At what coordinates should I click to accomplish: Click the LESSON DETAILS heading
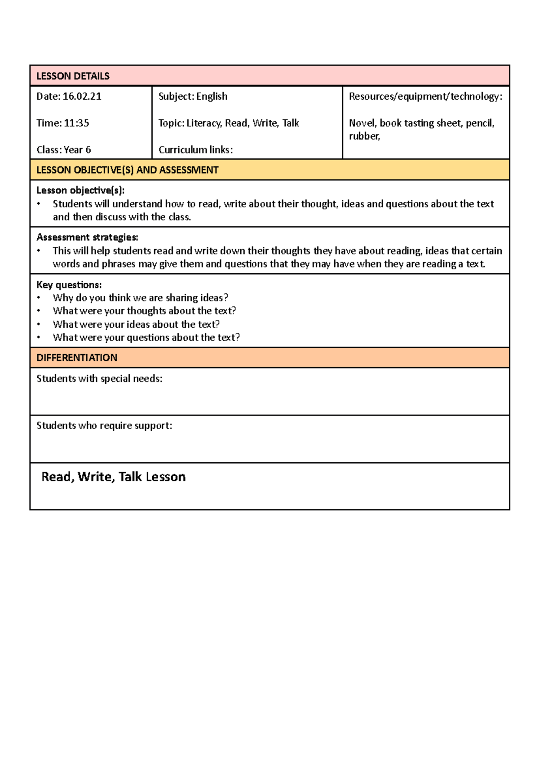coord(73,76)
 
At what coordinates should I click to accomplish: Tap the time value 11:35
coord(76,123)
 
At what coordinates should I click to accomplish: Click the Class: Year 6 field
coord(64,150)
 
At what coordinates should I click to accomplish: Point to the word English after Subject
coord(212,96)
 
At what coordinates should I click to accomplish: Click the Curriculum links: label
coord(195,150)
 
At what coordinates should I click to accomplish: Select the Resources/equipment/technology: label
coord(425,96)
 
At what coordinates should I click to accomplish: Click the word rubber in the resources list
coord(364,136)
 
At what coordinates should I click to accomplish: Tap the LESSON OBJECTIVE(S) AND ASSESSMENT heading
coord(127,170)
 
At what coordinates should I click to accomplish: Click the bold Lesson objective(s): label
coord(80,190)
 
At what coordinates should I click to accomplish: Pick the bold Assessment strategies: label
coord(87,237)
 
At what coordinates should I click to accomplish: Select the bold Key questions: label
coord(69,285)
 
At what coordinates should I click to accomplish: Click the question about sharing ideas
coord(140,298)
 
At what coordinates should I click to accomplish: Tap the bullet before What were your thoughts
coord(39,311)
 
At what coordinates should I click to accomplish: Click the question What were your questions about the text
coord(146,337)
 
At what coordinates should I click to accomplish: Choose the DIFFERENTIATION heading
coord(77,358)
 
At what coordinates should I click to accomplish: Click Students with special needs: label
coord(99,379)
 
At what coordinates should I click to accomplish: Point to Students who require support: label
coord(104,426)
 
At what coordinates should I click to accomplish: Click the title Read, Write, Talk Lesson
coord(113,477)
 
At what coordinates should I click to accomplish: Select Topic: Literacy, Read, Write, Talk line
coord(229,123)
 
